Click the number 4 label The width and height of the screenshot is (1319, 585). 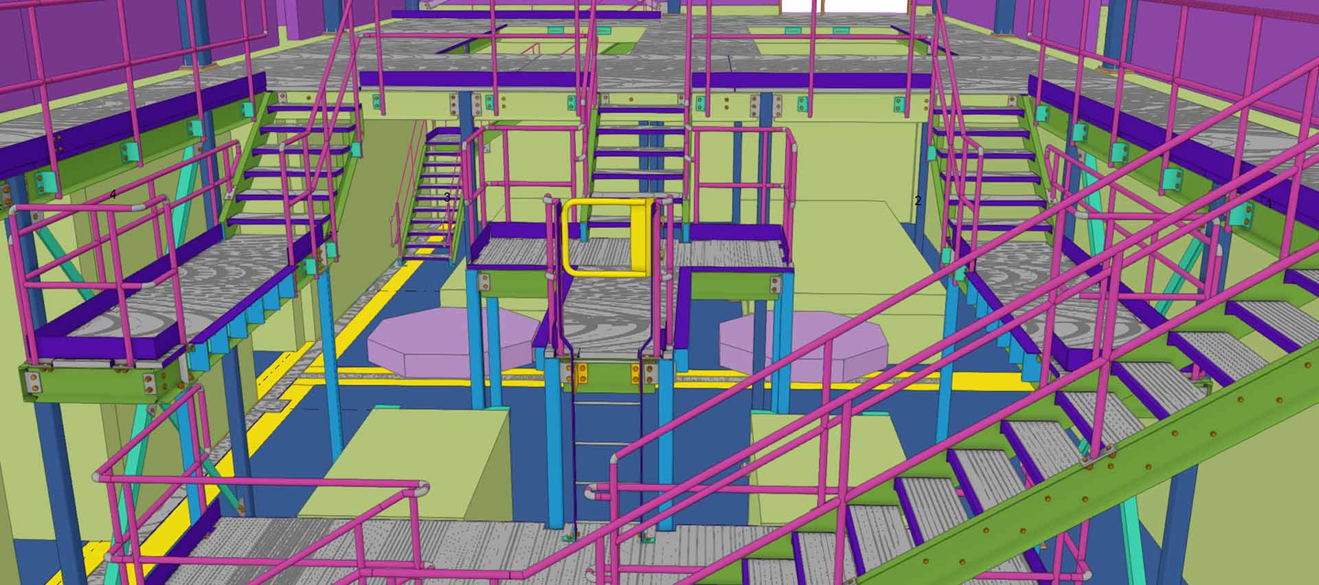[x=113, y=195]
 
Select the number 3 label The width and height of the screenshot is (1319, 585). [x=447, y=197]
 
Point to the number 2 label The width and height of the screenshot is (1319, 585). [x=918, y=201]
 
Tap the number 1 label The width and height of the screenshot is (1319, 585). [x=1270, y=203]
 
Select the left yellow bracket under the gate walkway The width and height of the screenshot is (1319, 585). [x=582, y=373]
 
